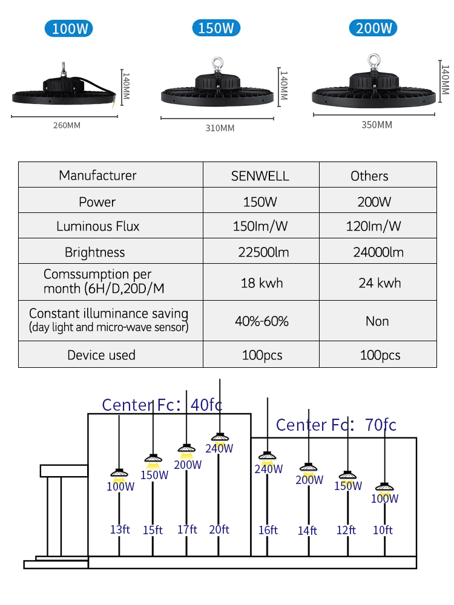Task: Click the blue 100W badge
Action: [x=69, y=28]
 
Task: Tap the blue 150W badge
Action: [x=216, y=28]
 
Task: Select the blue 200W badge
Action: [x=373, y=28]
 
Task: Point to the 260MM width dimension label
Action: [x=67, y=125]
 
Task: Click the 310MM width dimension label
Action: [x=220, y=128]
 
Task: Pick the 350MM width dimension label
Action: [x=377, y=125]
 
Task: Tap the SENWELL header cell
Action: [x=260, y=176]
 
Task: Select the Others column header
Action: [x=369, y=176]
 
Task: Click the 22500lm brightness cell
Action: [x=263, y=252]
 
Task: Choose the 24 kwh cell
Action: [x=380, y=283]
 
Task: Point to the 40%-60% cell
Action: [x=262, y=321]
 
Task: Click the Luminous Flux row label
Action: [x=97, y=226]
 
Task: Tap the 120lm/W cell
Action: [x=373, y=226]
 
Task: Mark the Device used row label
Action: [x=101, y=355]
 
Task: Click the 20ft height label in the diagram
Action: [x=219, y=529]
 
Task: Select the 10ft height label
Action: [x=383, y=530]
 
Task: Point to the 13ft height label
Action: [x=120, y=529]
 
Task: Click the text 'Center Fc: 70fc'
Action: [x=336, y=425]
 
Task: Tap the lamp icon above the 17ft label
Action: [x=186, y=449]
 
